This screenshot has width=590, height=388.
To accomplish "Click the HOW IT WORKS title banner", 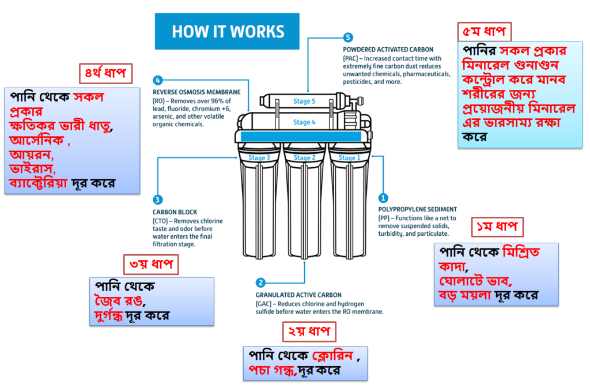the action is pos(227,31).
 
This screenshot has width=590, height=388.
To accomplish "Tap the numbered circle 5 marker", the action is pos(347,37).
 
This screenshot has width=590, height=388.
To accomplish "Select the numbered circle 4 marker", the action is pos(158,80).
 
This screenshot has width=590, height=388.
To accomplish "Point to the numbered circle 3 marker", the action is pos(158,200).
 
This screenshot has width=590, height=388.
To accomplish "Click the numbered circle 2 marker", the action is pos(260,282).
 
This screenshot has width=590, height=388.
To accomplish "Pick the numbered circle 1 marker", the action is pos(383,198).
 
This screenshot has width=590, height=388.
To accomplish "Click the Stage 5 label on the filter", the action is pos(304,101).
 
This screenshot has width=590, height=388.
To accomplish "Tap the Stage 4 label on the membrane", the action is pos(304,122).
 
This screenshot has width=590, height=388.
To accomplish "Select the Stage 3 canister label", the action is pos(259,158).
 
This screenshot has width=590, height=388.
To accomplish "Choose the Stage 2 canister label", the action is pos(304,158).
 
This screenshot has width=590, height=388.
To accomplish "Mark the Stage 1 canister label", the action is pos(349,158).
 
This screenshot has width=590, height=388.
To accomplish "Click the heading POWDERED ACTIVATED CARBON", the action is pos(388,50).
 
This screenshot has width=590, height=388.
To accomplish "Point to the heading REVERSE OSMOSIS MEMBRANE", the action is pos(196,92).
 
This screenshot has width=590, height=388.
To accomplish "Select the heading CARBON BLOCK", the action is pos(175,212).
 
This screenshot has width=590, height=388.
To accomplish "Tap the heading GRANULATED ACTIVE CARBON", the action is pos(299,295).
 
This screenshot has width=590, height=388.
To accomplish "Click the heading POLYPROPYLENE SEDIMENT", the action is pos(418,209).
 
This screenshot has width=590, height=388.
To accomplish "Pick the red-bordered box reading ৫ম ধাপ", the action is pos(484,32).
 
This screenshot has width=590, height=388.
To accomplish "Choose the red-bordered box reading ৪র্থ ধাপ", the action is pos(106,73).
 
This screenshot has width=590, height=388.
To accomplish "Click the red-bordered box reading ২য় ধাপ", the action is pos(309,332).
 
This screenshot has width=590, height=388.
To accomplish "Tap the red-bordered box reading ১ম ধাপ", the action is pos(497,227).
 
